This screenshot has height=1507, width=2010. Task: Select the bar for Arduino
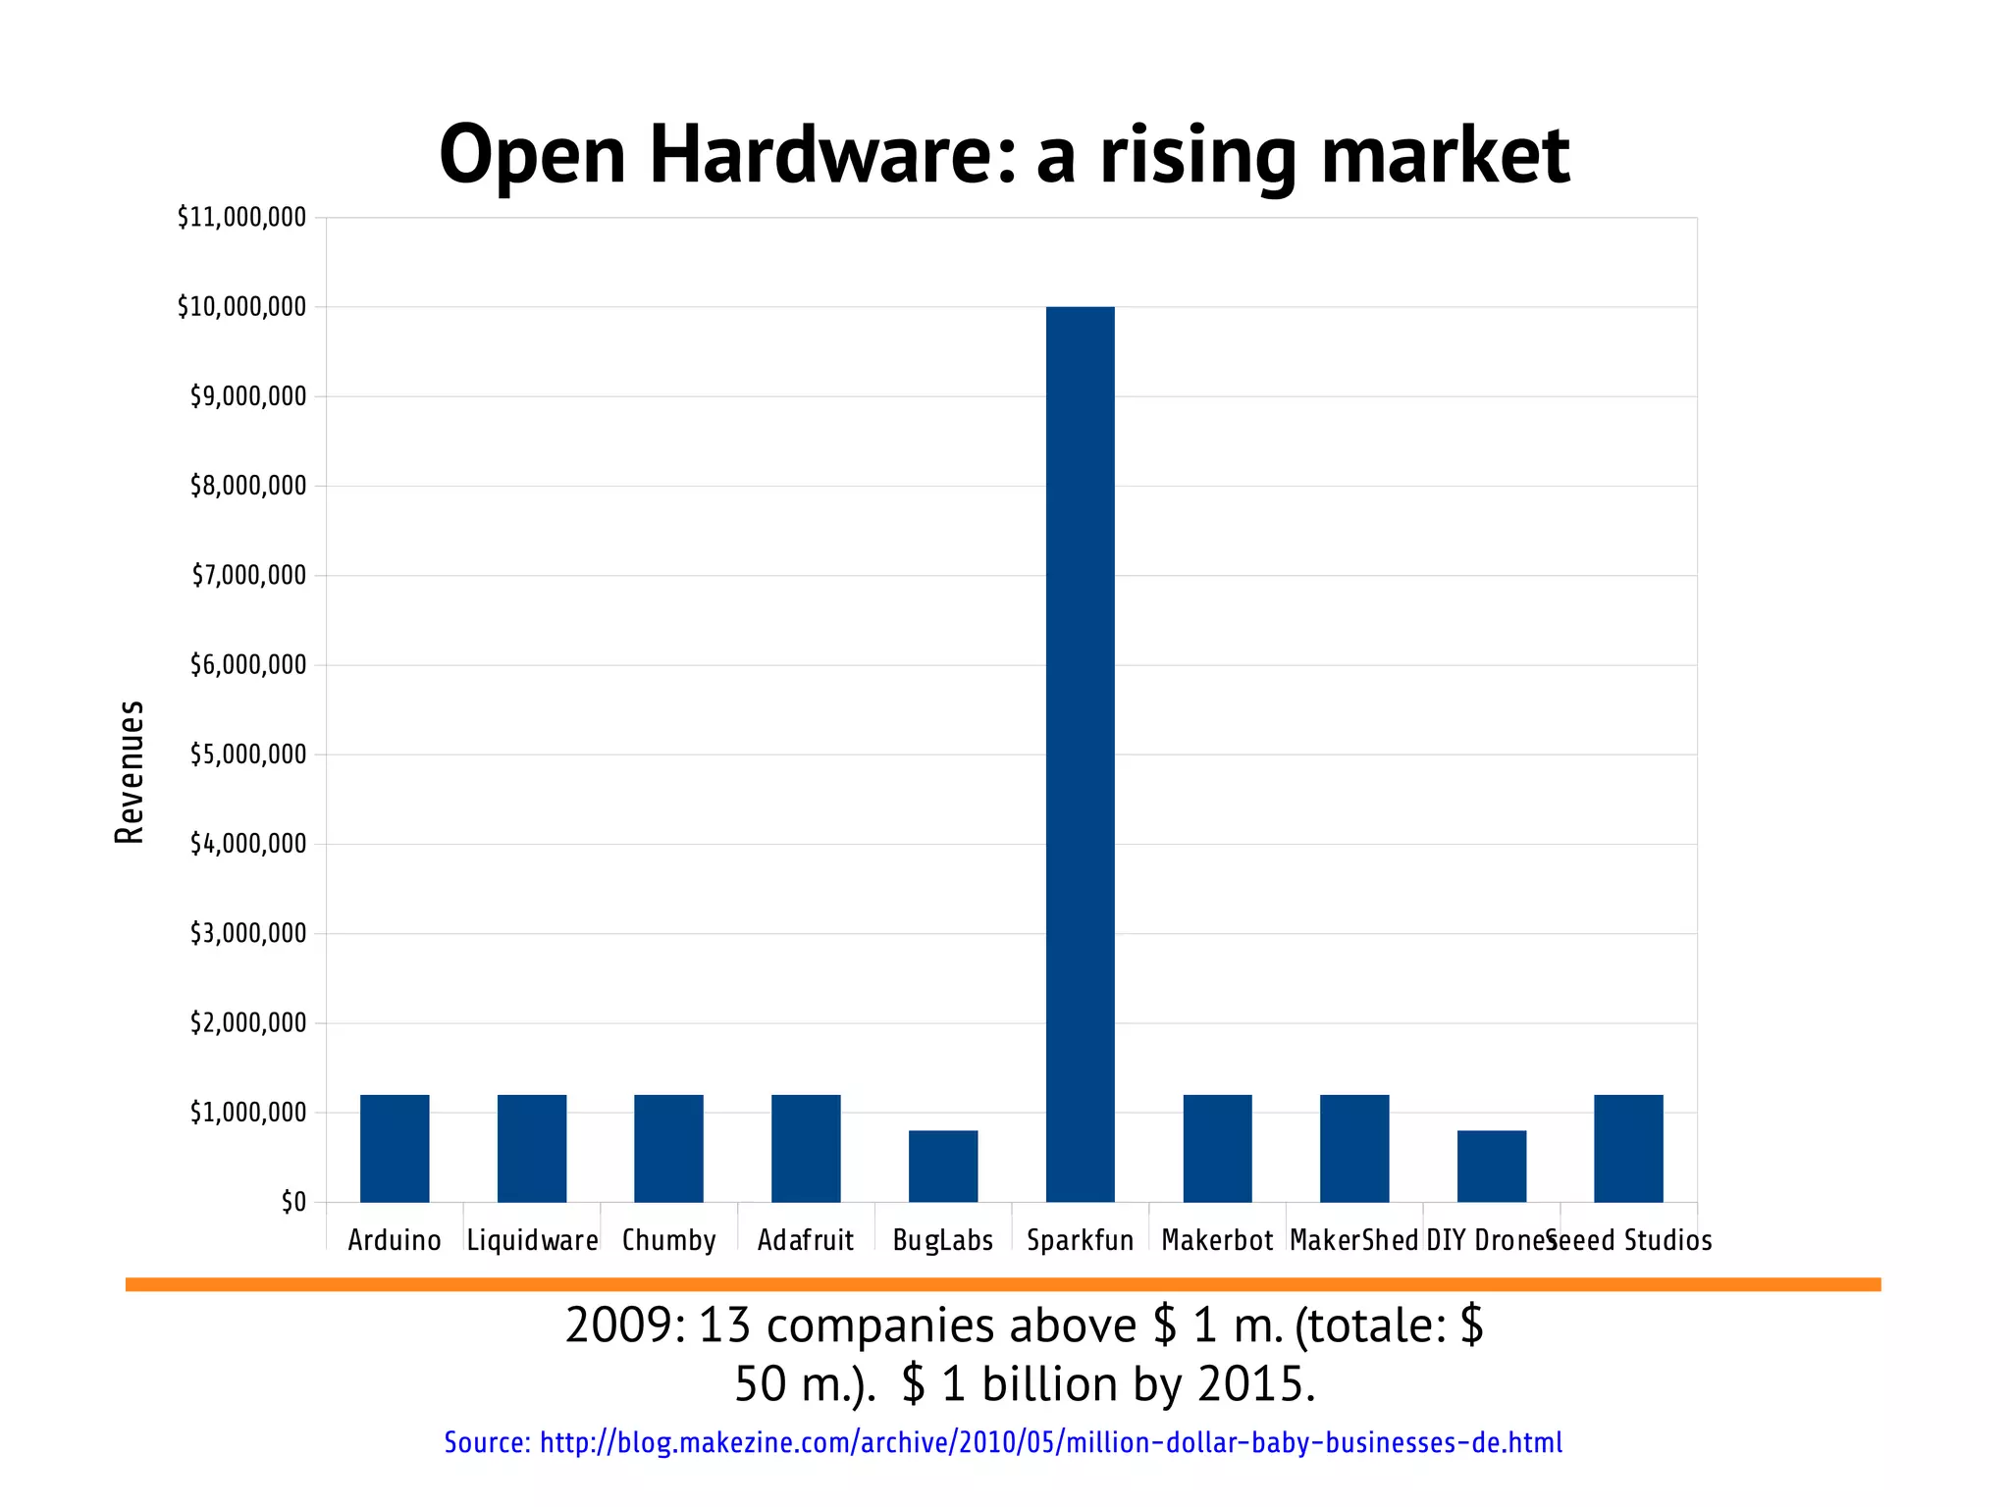point(395,1148)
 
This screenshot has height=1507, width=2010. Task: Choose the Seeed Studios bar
point(1628,1148)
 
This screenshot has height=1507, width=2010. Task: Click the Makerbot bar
point(1217,1148)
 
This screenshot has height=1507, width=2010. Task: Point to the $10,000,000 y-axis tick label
point(241,307)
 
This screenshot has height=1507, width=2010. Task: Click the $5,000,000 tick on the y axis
point(247,754)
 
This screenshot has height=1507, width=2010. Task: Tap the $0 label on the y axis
point(293,1202)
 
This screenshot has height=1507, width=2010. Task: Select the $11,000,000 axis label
point(241,217)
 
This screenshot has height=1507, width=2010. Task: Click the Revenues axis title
point(130,772)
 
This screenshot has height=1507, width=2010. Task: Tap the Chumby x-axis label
point(668,1240)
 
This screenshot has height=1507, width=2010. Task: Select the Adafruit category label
point(806,1240)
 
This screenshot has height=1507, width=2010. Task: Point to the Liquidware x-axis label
point(532,1240)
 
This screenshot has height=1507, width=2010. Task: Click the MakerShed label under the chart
point(1353,1240)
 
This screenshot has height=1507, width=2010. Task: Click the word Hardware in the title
point(830,154)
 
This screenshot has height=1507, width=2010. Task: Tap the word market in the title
point(1445,154)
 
